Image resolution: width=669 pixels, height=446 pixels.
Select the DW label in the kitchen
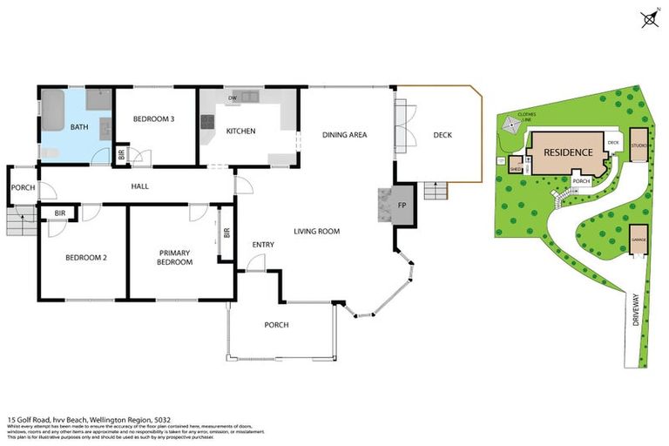233,98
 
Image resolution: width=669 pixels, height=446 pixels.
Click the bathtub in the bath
53,110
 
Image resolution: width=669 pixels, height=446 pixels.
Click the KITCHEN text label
240,132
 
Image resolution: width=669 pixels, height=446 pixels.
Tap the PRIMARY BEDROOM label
175,257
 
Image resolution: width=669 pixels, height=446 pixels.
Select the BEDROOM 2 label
85,257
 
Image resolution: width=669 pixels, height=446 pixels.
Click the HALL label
141,186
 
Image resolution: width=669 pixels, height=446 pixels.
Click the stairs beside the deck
435,191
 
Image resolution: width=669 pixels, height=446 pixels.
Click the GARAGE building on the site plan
639,241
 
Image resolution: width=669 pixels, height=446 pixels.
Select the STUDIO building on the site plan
639,145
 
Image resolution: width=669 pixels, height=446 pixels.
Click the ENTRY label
263,245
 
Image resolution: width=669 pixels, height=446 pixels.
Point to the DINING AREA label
344,135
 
